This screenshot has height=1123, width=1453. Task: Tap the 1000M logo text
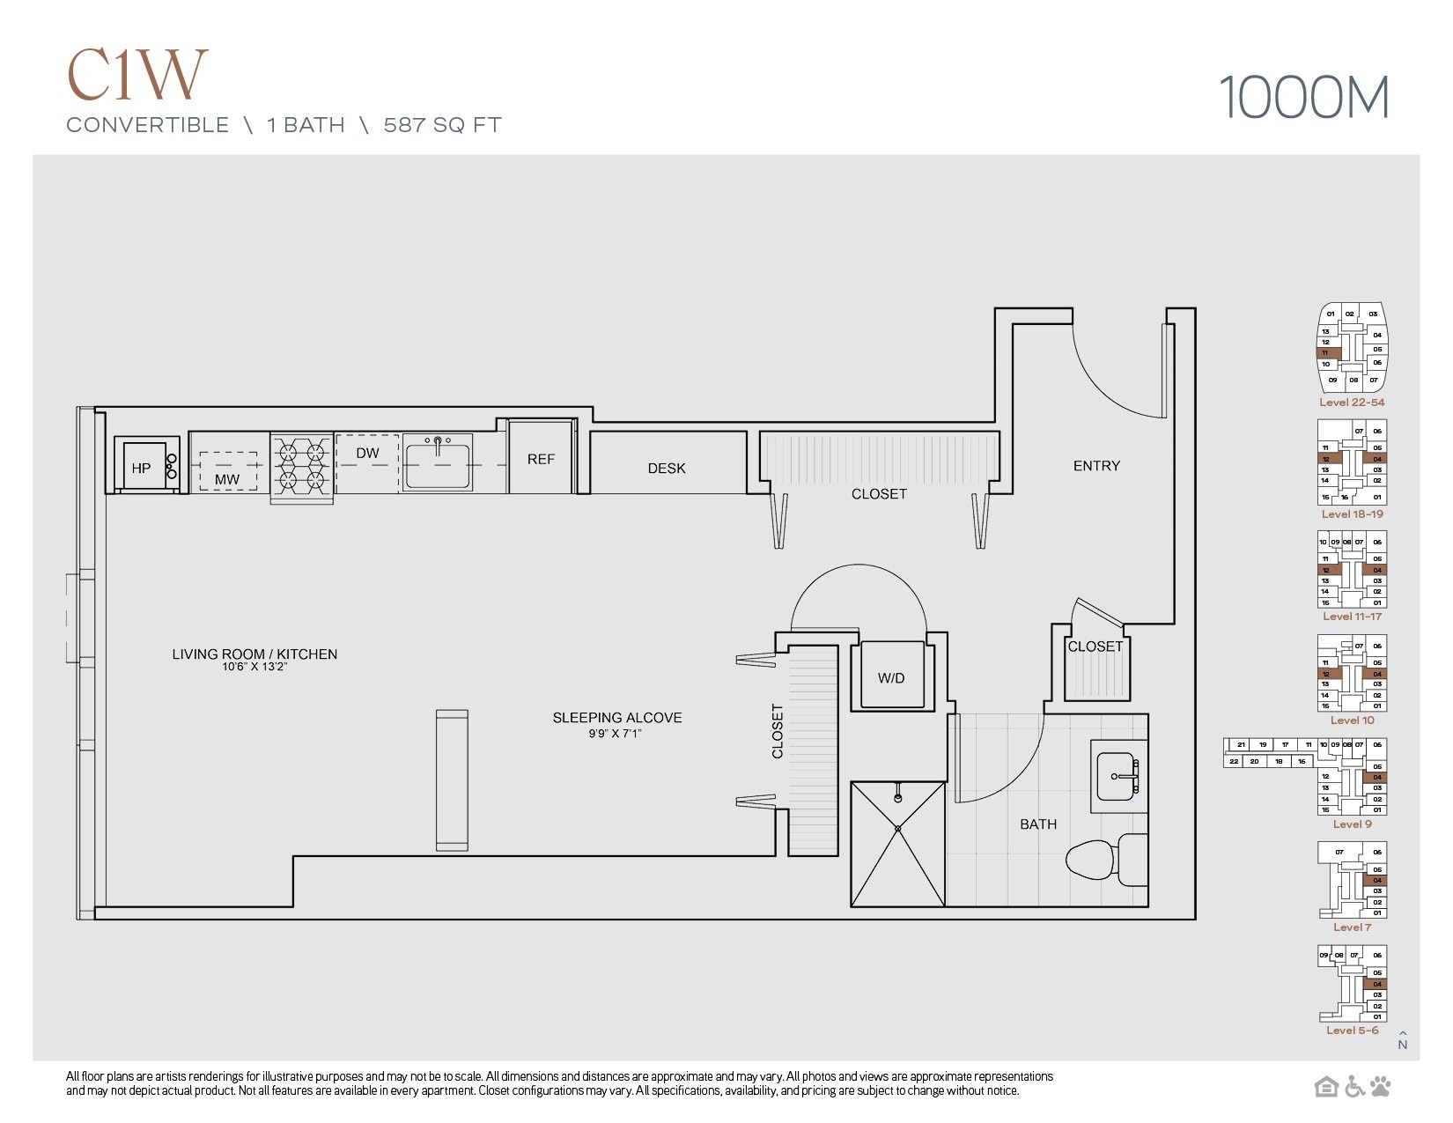point(1303,98)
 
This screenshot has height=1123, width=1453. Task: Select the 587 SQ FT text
point(442,125)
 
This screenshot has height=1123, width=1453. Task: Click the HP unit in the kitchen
point(141,467)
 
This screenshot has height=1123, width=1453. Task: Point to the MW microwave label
point(227,479)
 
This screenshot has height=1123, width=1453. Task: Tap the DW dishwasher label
point(367,454)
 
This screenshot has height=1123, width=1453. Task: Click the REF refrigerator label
point(541,459)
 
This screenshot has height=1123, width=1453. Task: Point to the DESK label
point(667,469)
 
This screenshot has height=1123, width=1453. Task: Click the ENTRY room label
point(1096,466)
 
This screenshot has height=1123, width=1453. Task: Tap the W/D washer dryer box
point(891,676)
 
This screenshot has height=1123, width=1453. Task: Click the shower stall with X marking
point(897,844)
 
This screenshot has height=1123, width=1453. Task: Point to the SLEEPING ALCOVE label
point(616,718)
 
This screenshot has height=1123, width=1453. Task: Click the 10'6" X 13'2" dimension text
point(254,667)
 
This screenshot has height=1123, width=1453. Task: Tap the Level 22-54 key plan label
point(1352,403)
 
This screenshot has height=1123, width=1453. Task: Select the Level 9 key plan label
point(1352,824)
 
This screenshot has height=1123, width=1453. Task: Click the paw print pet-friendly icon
point(1380,1087)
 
